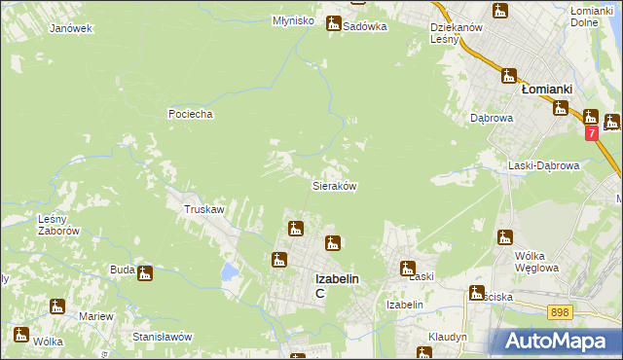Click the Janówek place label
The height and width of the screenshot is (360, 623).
click(71, 28)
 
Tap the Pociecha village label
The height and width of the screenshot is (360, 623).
click(190, 114)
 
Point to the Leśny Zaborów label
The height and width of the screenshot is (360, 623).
click(57, 225)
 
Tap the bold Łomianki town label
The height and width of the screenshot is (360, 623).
click(546, 89)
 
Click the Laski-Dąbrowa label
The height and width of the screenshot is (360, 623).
click(544, 165)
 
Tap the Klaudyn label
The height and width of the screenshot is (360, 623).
click(448, 337)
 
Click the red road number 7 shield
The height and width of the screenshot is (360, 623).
click(591, 131)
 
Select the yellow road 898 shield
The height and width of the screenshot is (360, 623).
click(559, 311)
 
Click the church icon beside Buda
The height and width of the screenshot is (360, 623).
click(145, 273)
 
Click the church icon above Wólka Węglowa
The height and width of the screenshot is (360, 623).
click(504, 236)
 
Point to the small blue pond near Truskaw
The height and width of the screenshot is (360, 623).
click(229, 270)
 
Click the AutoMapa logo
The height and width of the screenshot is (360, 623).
click(555, 342)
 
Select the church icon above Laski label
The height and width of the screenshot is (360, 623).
click(408, 268)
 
